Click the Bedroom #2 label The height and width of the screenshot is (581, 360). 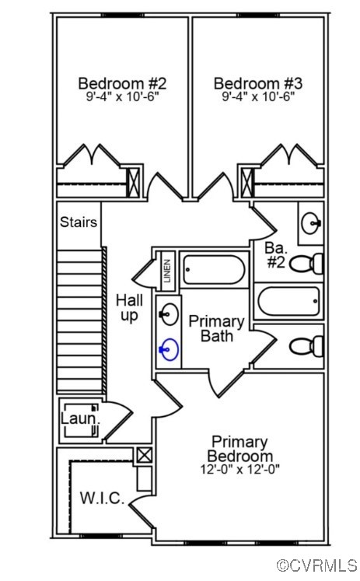(122, 83)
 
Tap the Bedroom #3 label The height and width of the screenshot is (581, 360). (258, 83)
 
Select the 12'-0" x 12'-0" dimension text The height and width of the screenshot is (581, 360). (239, 470)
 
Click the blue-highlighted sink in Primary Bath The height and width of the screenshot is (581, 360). (169, 349)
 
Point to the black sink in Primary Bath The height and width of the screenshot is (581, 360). (170, 314)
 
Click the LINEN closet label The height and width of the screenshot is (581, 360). (167, 271)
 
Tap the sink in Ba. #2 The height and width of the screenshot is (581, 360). (311, 223)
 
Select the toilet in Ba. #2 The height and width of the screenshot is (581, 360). (306, 264)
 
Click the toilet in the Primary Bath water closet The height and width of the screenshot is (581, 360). (306, 346)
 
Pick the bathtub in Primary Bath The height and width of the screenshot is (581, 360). (214, 270)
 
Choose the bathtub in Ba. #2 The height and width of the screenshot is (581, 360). (288, 301)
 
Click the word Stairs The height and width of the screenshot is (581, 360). (79, 222)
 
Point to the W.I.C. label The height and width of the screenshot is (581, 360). (102, 498)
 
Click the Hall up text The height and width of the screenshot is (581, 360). (129, 308)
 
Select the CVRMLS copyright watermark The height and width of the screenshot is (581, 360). (317, 565)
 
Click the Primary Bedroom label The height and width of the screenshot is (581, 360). (240, 449)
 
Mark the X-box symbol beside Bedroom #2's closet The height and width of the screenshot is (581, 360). (133, 183)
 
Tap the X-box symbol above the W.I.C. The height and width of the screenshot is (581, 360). (144, 455)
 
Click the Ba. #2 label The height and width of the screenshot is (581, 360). (276, 255)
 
